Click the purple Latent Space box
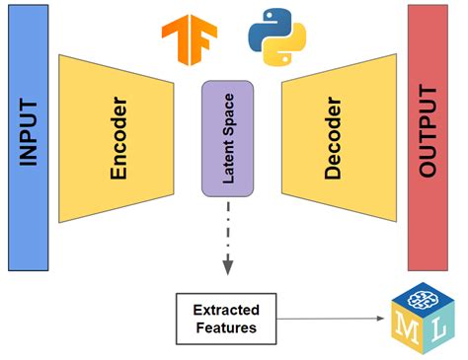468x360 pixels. [228, 137]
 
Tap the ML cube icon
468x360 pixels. [422, 315]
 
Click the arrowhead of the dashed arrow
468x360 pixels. [228, 266]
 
